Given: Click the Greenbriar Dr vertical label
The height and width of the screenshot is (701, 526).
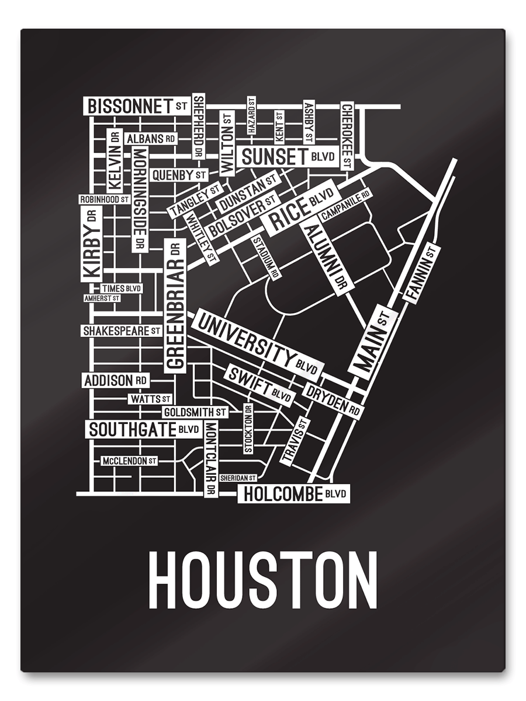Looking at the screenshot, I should click(175, 306).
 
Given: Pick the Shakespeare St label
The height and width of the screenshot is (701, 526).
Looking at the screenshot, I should click(121, 331).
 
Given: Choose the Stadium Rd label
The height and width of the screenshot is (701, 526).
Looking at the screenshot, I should click(265, 256).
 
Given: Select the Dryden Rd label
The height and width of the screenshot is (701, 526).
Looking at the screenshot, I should click(333, 401).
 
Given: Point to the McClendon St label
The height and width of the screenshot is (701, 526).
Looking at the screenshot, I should click(129, 461).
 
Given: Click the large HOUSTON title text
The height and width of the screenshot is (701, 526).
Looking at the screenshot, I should click(262, 580).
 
